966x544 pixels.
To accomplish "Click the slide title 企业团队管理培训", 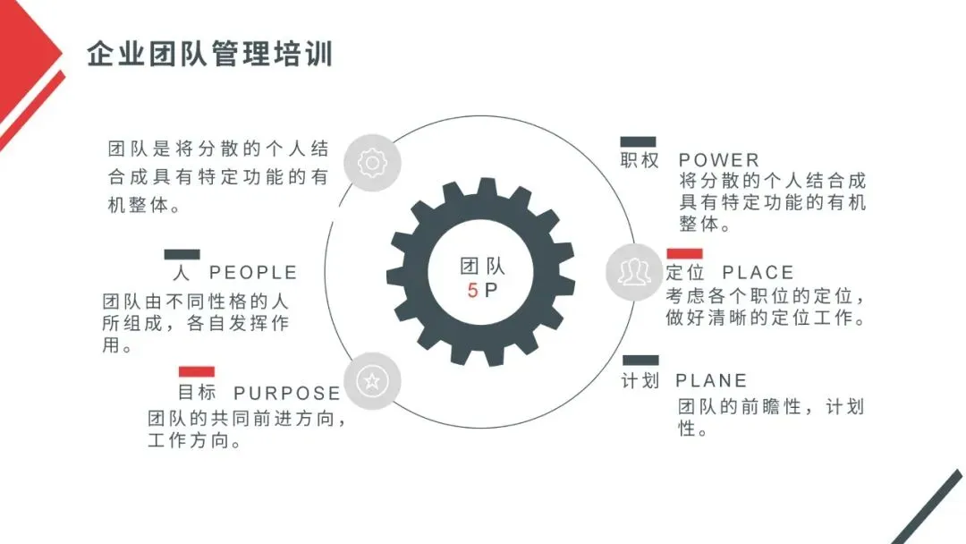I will (x=210, y=54).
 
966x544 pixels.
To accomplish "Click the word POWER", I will (x=719, y=160).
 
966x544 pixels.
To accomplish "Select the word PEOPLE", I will (x=253, y=272).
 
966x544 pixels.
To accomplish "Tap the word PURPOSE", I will (x=287, y=394).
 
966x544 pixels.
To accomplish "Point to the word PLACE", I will (x=758, y=272).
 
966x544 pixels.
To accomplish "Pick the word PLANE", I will (x=711, y=381).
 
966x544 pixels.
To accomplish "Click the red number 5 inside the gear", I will (x=472, y=291).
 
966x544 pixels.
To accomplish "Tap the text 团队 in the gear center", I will (x=483, y=266).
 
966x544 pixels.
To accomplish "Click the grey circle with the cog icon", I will (x=372, y=163).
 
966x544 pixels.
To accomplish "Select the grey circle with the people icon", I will (x=634, y=271).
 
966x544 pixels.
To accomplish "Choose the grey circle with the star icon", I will (x=372, y=380).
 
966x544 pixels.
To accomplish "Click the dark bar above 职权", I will (x=638, y=141).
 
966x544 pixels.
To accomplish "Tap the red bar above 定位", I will (x=684, y=253).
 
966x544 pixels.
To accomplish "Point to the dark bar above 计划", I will (x=640, y=361).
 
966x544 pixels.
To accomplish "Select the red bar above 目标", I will (x=197, y=371).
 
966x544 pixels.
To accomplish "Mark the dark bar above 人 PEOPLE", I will (x=182, y=254).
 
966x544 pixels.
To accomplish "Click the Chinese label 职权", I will (x=640, y=160).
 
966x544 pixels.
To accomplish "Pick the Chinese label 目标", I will (x=197, y=393).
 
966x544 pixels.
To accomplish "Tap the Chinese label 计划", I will (x=640, y=381).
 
